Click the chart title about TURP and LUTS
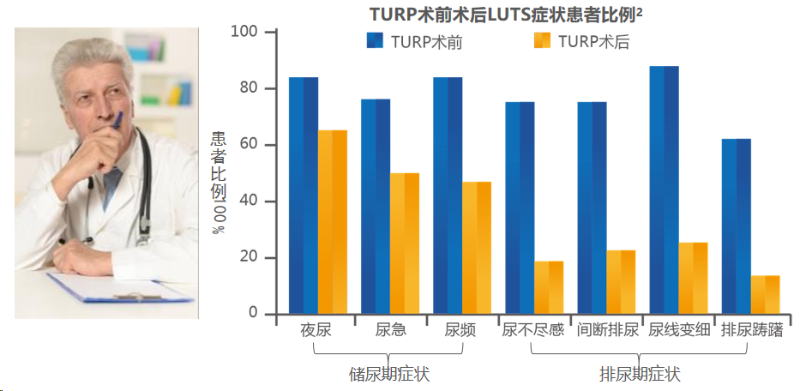[506, 14]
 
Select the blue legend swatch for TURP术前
[375, 41]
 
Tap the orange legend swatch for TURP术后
[543, 41]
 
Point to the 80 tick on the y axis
[250, 89]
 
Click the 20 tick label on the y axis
[250, 258]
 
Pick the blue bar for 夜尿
[304, 195]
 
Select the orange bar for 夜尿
[333, 222]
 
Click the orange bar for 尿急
[405, 244]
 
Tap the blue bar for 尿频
[448, 195]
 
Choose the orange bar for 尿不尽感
[549, 287]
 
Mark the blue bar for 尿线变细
[665, 189]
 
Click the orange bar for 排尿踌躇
[766, 294]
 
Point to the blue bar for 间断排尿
[592, 208]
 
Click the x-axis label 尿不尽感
[533, 330]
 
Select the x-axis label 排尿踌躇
[752, 330]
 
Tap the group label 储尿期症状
[389, 375]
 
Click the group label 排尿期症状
[640, 375]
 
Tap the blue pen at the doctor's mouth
[117, 119]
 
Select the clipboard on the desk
[120, 287]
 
